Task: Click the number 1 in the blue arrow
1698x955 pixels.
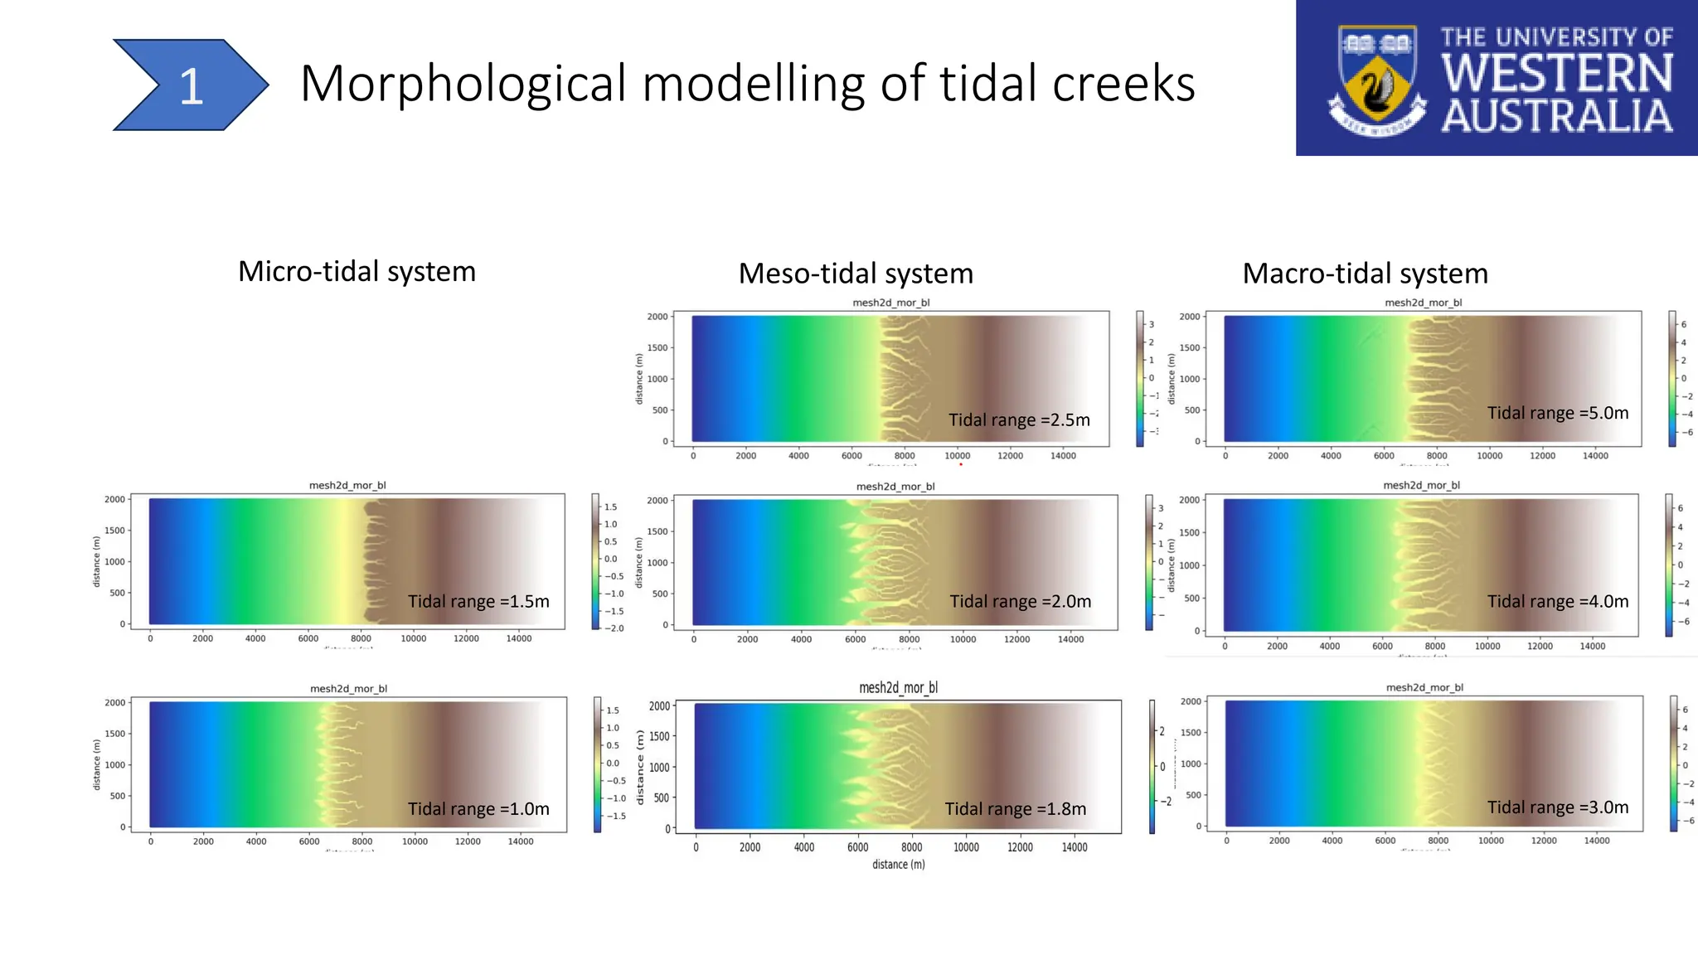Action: click(192, 86)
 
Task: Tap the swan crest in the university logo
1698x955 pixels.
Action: click(1377, 80)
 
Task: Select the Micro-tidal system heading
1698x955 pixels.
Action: click(357, 272)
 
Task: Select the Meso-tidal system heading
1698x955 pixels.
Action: click(856, 274)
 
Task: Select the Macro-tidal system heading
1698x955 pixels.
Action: click(1365, 274)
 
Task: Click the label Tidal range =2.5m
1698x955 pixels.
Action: click(1019, 420)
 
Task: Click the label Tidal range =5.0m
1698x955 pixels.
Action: click(1557, 413)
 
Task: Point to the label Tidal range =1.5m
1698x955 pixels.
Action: click(478, 602)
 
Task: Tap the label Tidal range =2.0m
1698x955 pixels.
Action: click(1020, 602)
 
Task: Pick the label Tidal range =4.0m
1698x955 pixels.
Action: click(1557, 602)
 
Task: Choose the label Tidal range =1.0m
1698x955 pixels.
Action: click(478, 809)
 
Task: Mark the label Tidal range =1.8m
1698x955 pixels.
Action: click(1015, 809)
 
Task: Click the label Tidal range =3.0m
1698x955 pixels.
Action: click(1557, 807)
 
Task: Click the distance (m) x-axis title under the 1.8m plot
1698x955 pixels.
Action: click(898, 865)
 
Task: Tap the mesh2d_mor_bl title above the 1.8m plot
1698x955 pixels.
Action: click(898, 688)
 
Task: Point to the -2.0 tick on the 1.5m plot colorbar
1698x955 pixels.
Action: click(614, 628)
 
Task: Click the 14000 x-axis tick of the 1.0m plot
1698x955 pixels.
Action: click(520, 841)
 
